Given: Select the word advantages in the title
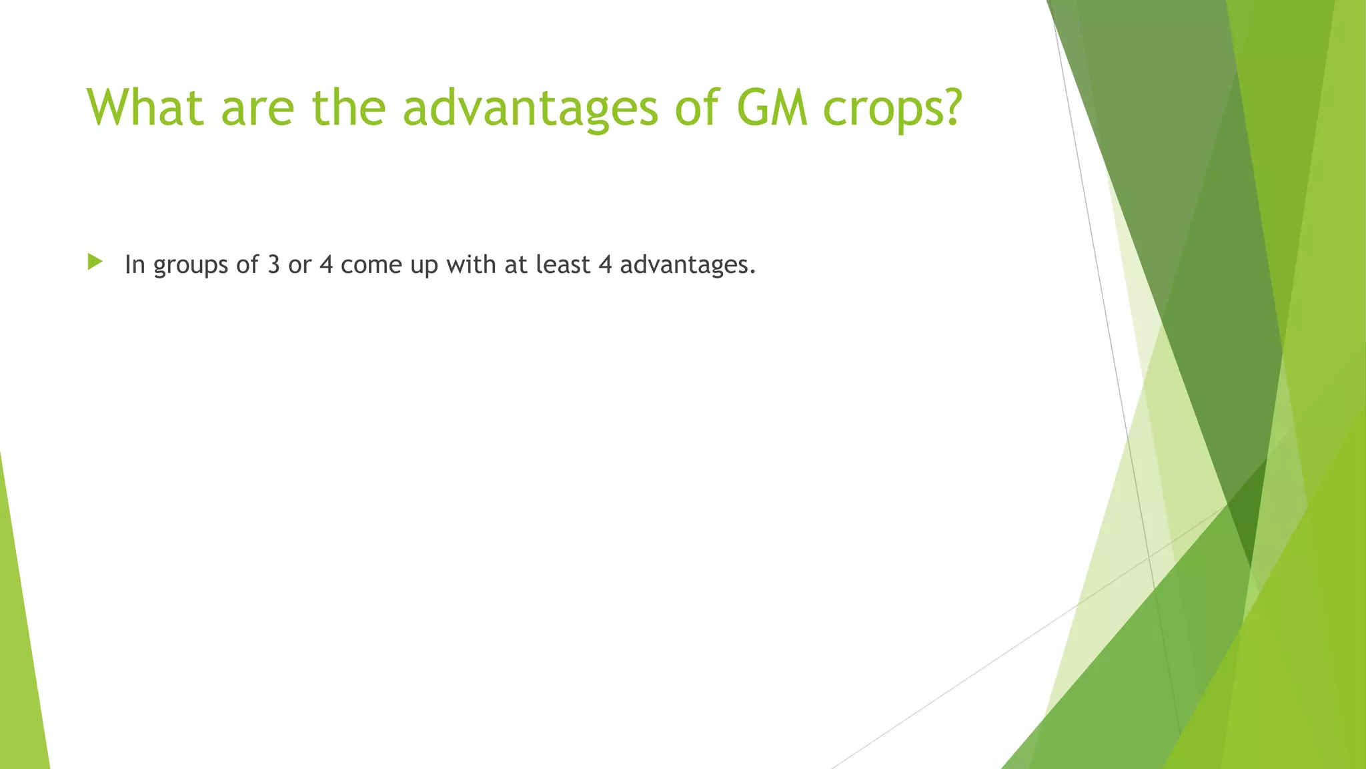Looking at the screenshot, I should point(530,108).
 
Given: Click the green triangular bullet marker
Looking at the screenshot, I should point(95,262).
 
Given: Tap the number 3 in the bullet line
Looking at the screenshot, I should point(273,265).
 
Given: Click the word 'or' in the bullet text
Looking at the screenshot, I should point(299,265).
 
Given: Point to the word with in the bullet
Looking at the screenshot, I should point(471,264).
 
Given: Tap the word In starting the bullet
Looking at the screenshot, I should point(135,264).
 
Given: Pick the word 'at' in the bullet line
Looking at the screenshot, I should point(516,265).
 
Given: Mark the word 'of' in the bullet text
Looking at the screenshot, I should point(247,264).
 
